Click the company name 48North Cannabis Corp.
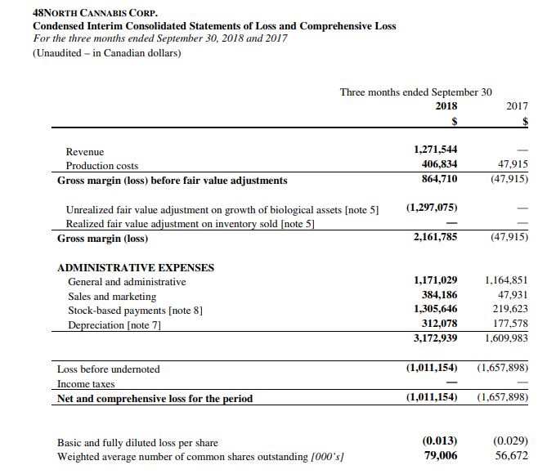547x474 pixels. click(83, 13)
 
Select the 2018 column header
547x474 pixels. click(446, 106)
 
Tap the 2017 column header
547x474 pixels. click(518, 106)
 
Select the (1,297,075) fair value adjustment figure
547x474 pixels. click(432, 208)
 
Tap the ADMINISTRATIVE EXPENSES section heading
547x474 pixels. click(136, 267)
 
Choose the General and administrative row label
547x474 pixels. click(127, 282)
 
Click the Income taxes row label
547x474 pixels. click(86, 383)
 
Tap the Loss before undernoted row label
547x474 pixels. click(109, 369)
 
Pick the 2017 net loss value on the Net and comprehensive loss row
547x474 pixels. click(502, 398)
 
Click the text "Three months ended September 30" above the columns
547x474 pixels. click(421, 92)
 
